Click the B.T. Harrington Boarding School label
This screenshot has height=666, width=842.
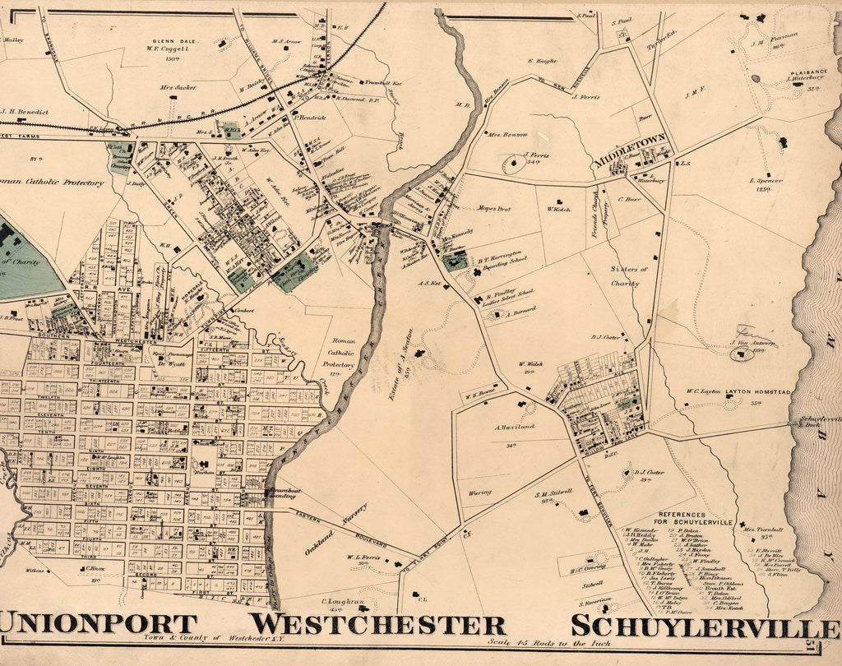point(500,257)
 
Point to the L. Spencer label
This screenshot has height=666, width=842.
point(766,180)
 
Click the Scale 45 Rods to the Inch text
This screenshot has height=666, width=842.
point(534,643)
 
